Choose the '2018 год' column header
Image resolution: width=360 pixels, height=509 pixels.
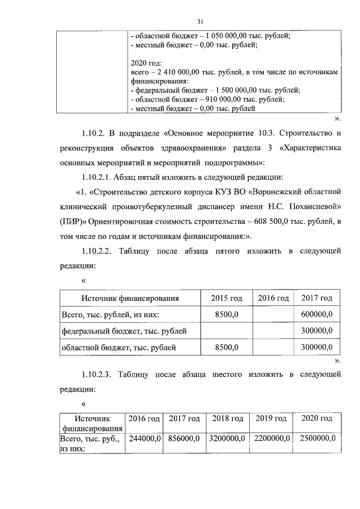pyautogui.click(x=228, y=419)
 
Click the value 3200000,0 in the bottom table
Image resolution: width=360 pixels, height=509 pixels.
pyautogui.click(x=228, y=438)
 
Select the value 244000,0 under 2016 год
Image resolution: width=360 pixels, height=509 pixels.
pyautogui.click(x=145, y=438)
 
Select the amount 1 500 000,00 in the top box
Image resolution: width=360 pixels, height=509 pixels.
pyautogui.click(x=241, y=90)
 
